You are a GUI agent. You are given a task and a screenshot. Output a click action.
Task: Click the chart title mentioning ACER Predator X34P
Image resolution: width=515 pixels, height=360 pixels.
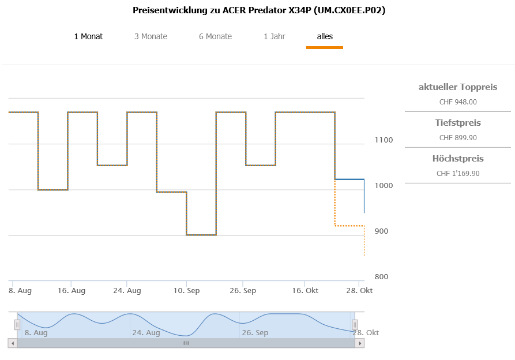click(259, 10)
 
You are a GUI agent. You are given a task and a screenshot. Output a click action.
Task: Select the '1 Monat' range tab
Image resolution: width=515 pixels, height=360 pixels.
click(88, 36)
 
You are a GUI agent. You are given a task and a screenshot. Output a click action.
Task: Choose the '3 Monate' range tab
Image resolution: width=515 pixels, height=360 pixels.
click(151, 36)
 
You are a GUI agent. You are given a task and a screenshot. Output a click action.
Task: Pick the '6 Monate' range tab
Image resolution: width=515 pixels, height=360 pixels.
click(215, 36)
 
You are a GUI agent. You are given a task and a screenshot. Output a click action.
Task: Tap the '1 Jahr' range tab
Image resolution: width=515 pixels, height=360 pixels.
click(275, 36)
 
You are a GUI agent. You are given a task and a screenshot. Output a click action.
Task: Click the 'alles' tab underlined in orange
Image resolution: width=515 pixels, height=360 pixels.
click(325, 36)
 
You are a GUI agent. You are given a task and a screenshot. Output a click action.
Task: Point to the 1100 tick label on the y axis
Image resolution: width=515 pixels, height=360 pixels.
click(384, 140)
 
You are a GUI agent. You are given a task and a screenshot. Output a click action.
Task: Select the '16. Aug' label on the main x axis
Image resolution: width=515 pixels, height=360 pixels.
click(71, 291)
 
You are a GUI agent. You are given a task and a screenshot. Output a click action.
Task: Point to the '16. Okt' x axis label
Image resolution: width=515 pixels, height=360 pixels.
click(305, 291)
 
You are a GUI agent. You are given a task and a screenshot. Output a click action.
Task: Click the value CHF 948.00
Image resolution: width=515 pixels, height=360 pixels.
click(458, 102)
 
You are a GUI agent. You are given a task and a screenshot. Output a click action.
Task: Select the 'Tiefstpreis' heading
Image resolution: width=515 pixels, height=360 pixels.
click(458, 123)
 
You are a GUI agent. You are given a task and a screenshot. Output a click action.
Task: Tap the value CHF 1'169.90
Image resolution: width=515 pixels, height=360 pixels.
click(458, 174)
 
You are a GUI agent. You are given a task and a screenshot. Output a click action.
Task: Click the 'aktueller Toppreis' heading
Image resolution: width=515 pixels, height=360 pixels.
click(458, 87)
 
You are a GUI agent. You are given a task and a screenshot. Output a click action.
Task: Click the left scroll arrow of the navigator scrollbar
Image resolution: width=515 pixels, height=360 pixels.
click(12, 343)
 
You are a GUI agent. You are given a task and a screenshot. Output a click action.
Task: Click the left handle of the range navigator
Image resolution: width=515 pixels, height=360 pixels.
click(17, 325)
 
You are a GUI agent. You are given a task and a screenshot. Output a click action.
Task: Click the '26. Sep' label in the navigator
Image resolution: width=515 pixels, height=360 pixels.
click(255, 333)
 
